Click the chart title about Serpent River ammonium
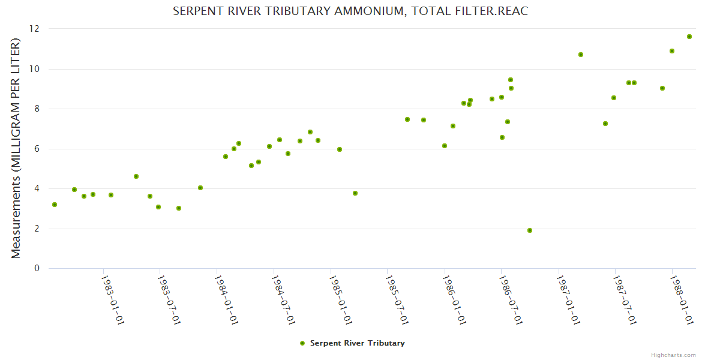tap(350, 11)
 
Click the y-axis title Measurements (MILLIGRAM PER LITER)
tap(16, 148)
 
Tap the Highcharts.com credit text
tap(673, 355)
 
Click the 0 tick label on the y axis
tap(37, 268)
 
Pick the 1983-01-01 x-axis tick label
tap(112, 300)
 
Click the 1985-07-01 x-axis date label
tap(397, 300)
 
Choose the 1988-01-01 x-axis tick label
tap(681, 300)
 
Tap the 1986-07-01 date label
tap(511, 300)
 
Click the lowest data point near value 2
tap(530, 230)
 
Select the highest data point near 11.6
tap(689, 37)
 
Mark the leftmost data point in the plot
tap(55, 205)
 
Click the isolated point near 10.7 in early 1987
tap(581, 55)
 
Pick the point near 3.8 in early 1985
tap(355, 193)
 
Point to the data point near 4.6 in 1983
tap(136, 176)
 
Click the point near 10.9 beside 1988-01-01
tap(672, 51)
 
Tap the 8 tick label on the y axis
tap(37, 109)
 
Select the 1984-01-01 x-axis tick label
tap(226, 300)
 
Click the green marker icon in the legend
tap(302, 343)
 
